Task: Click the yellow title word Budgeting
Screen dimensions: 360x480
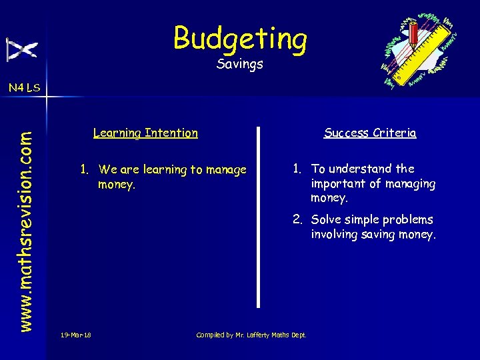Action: [x=240, y=38]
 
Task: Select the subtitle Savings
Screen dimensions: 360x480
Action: [x=240, y=65]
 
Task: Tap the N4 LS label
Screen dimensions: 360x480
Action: [x=24, y=87]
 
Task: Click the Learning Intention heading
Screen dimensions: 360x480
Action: [x=145, y=133]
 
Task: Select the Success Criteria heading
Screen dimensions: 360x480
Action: [x=370, y=133]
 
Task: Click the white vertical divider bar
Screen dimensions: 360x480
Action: [x=259, y=217]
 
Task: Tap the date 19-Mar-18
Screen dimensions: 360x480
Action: [x=75, y=335]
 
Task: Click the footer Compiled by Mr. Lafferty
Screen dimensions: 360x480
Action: [x=251, y=335]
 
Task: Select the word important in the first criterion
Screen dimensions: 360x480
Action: [x=337, y=183]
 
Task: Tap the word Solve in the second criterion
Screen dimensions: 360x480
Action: [x=325, y=219]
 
